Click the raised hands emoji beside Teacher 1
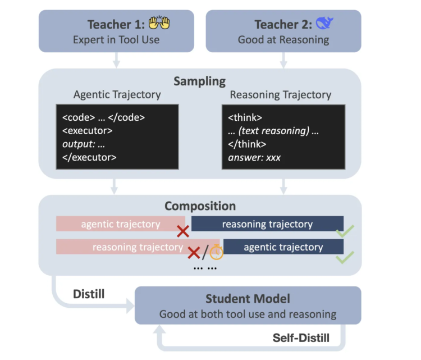coord(159,24)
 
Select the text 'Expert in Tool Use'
coord(116,40)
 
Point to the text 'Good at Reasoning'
coord(283,40)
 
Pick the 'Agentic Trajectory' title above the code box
coord(117,94)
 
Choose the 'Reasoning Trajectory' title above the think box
coord(281,94)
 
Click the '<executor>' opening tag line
coord(88,131)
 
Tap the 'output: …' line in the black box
coord(84,144)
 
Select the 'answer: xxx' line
coord(254,157)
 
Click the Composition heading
coord(200,206)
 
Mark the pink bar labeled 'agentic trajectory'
coord(120,224)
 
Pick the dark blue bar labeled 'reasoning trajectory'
coord(267,224)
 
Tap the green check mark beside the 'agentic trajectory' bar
coord(345,258)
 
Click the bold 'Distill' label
coord(89,294)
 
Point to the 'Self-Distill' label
coord(300,338)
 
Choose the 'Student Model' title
coord(248,299)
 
